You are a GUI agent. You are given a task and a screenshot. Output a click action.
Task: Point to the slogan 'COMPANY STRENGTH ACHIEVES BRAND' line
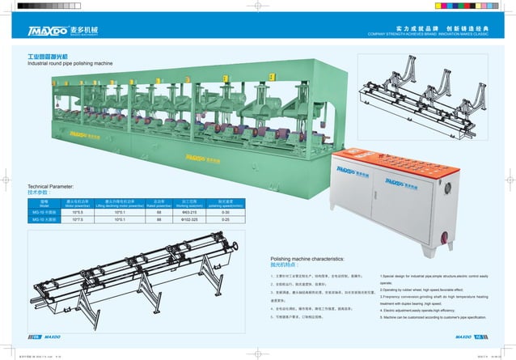[405, 35]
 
